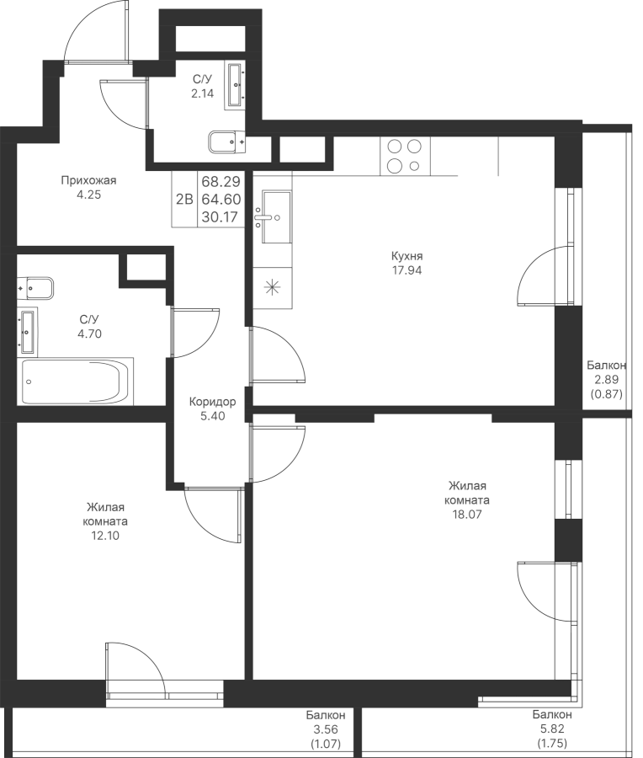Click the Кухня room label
(407, 256)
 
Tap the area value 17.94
(407, 270)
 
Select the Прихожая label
(89, 181)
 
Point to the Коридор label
(213, 402)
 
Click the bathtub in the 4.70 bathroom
(76, 381)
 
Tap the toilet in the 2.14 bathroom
(227, 142)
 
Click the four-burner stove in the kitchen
(405, 156)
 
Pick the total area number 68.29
(221, 182)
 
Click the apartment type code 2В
(184, 199)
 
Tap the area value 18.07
(466, 515)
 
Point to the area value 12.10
(105, 536)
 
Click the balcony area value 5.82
(552, 729)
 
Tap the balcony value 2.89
(607, 380)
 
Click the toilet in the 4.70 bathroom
(35, 289)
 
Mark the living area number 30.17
(221, 217)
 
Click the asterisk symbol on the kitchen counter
(273, 288)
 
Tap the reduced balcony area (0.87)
(607, 394)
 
